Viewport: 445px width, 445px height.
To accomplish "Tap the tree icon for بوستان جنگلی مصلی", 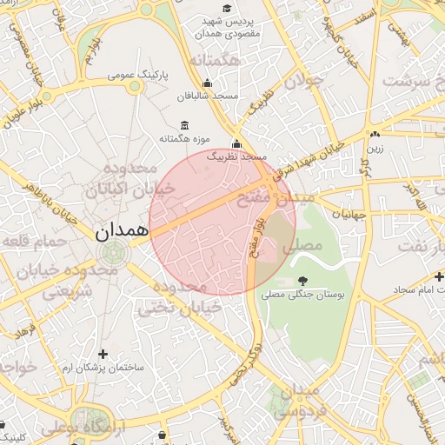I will pos(302,280).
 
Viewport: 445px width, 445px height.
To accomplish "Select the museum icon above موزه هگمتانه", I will pos(183,124).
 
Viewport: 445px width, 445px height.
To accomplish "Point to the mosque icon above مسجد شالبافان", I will pos(207,83).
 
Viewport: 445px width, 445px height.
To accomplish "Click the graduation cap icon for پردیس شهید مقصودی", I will pos(227,8).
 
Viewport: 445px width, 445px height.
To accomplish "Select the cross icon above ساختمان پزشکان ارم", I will pos(103,354).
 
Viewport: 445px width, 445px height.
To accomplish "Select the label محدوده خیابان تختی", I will pos(172,296).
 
